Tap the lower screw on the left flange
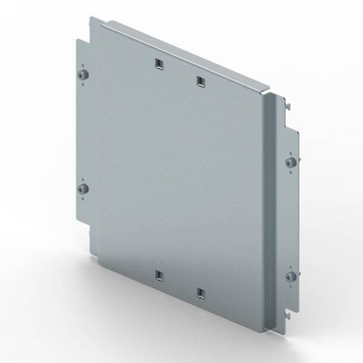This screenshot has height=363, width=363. point(82,189)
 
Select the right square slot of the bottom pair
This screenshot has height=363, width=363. point(200,293)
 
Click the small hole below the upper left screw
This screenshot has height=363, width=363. point(82,84)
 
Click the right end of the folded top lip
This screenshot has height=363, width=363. point(266,91)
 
